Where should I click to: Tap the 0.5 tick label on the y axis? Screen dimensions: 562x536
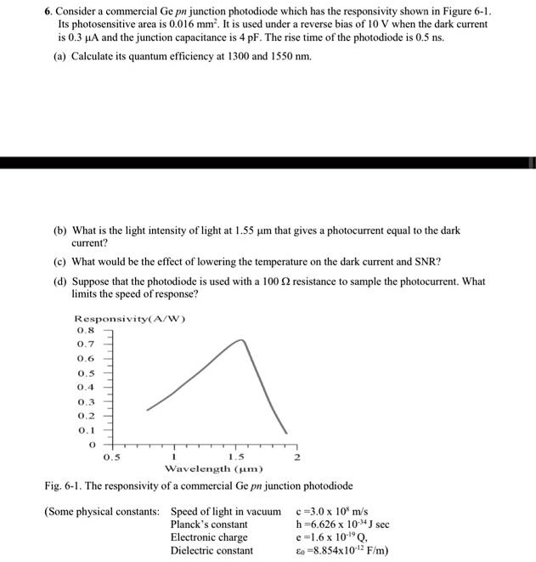point(85,373)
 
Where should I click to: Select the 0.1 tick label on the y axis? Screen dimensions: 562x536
point(85,429)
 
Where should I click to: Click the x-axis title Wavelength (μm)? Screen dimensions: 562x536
point(213,468)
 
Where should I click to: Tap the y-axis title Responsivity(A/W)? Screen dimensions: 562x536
point(131,319)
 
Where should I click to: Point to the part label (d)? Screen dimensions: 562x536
point(60,281)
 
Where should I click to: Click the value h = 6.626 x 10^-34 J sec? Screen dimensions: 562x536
point(341,525)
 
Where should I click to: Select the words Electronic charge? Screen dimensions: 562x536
point(209,537)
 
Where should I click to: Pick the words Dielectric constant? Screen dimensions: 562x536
point(212,550)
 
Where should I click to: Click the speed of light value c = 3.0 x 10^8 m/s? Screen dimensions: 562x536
point(331,512)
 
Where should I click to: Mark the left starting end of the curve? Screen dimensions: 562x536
point(148,410)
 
